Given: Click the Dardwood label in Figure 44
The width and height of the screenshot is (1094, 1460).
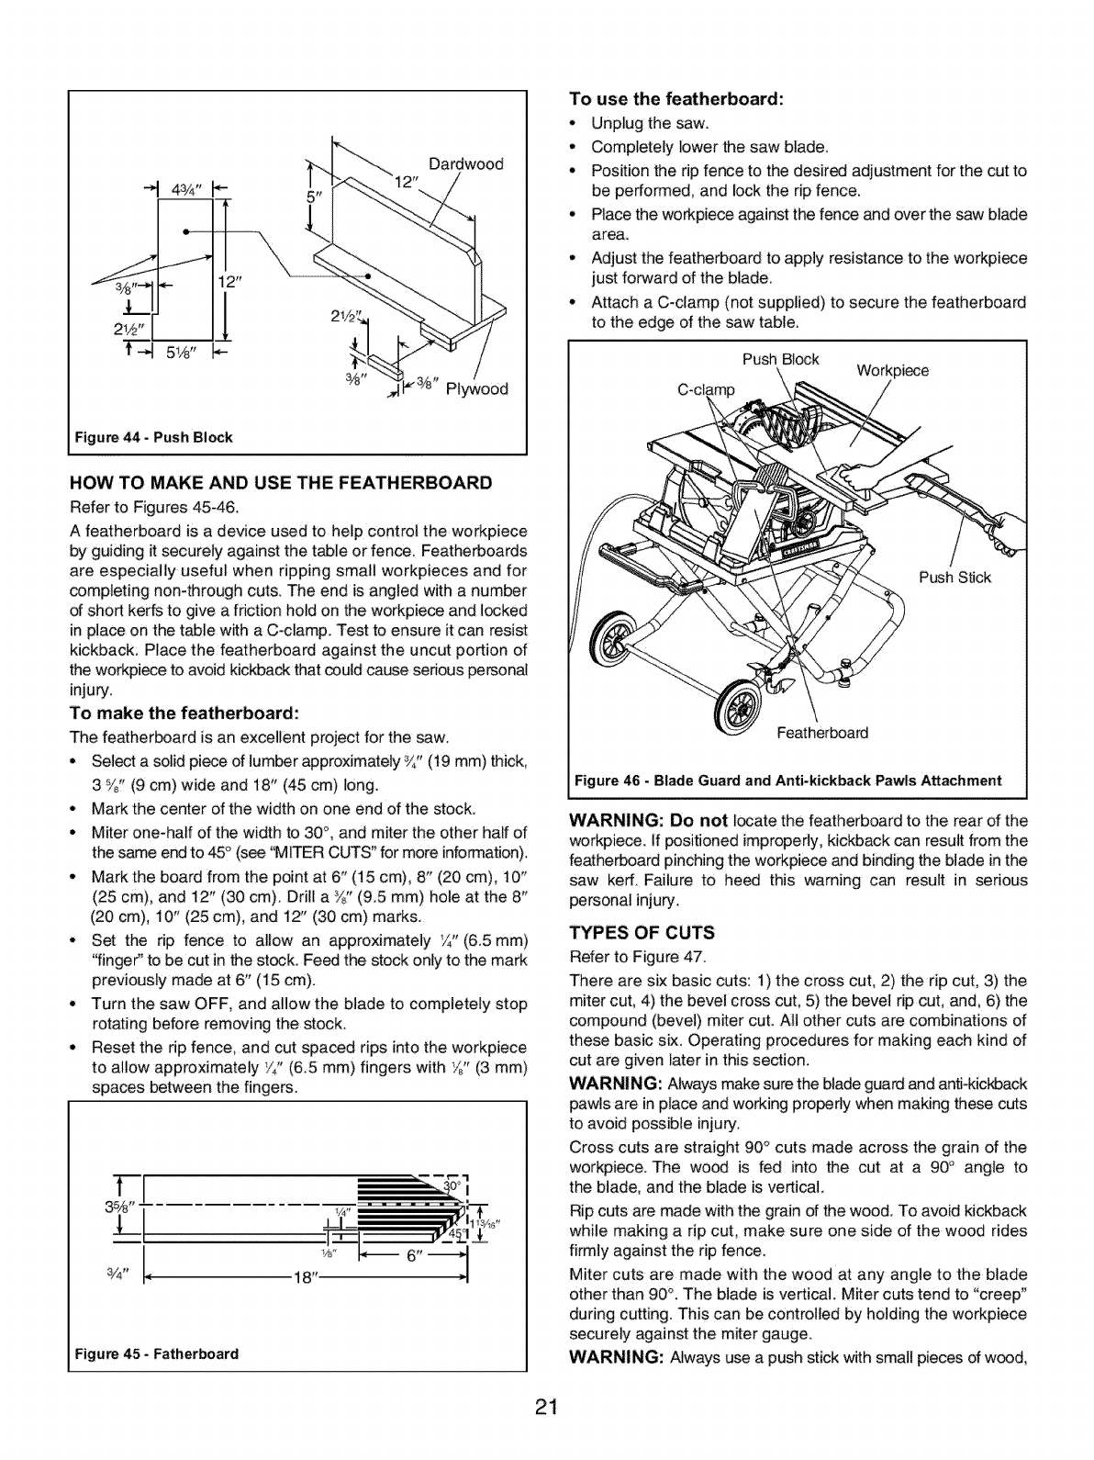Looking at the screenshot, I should coord(465,165).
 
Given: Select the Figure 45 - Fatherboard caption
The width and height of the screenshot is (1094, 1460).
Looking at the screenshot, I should coord(154,1354).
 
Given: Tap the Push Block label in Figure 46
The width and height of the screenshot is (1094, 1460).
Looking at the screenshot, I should coord(779,359).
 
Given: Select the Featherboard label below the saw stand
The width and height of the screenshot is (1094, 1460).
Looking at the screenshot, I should coord(821,733).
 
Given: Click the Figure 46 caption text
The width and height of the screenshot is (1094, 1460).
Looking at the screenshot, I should coord(787,781).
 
